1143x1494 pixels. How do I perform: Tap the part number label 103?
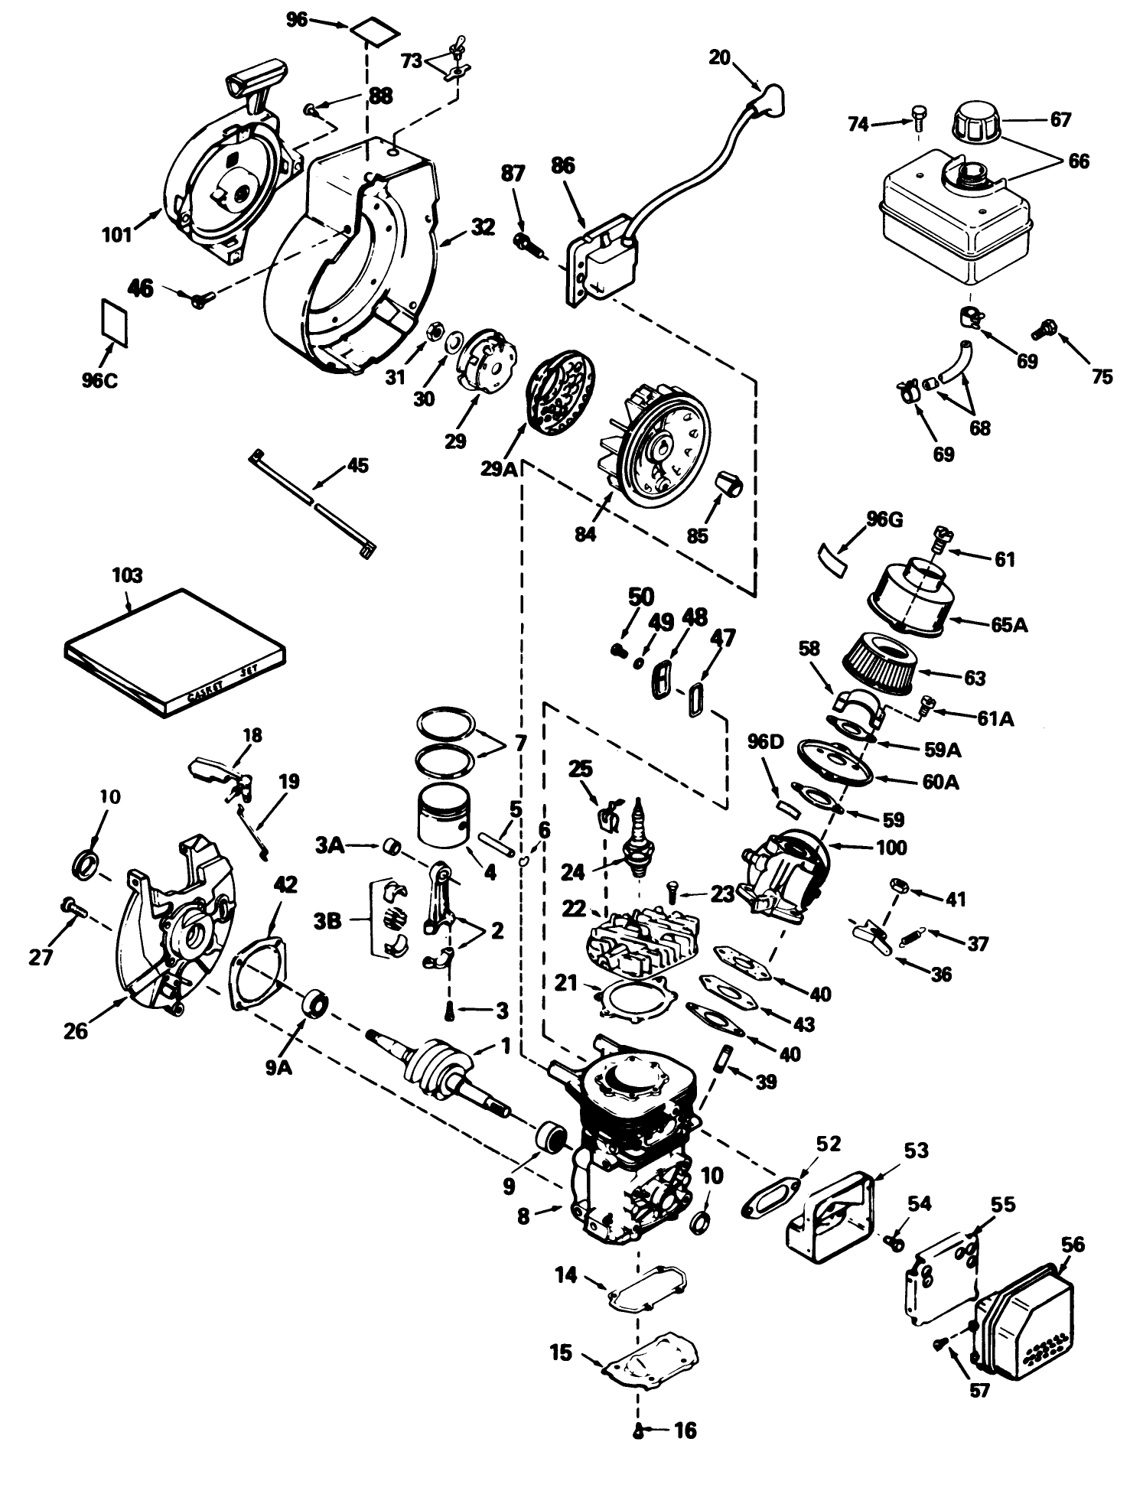tap(126, 575)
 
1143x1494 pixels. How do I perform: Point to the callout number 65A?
tap(1010, 624)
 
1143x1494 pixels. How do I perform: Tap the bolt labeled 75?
tap(1042, 331)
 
